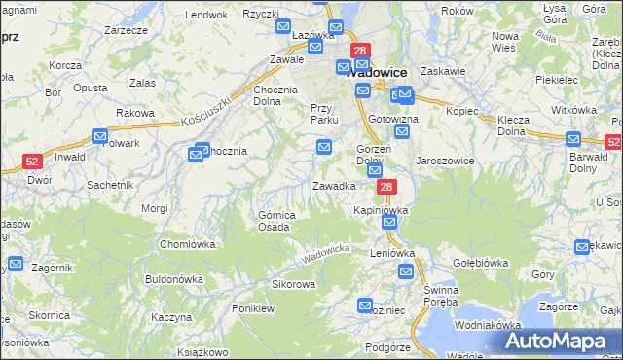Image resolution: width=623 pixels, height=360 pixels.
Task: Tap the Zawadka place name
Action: tap(333, 185)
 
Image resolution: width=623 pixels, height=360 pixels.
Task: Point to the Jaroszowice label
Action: tap(444, 161)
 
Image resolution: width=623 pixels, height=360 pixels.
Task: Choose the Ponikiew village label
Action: tap(254, 307)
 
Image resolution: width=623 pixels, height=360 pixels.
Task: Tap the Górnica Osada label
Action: tap(274, 221)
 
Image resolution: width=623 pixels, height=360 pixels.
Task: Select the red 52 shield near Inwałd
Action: tap(32, 162)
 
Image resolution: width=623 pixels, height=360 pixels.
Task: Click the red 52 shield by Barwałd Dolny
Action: tap(612, 142)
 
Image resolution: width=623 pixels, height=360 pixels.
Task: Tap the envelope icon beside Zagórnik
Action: tap(16, 264)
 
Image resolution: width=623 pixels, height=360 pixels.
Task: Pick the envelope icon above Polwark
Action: tap(100, 137)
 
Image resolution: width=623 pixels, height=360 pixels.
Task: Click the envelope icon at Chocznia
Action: tap(202, 150)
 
